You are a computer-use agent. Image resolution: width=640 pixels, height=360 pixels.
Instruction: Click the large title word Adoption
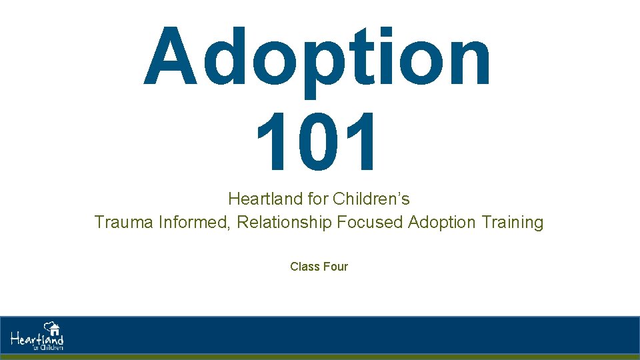318,59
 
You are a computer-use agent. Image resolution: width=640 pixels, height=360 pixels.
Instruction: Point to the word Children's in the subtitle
371,199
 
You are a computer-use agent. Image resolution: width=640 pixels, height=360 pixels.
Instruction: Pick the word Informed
195,222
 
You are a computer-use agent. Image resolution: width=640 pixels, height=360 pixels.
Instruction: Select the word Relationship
284,222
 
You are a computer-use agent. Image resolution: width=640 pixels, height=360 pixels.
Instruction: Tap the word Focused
370,222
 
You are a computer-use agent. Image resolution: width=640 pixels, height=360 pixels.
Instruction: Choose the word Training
513,222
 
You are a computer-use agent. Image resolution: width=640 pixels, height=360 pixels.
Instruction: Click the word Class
305,267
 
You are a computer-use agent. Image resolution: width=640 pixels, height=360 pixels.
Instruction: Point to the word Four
335,267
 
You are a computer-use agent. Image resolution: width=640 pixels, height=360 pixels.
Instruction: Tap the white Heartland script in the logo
37,339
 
